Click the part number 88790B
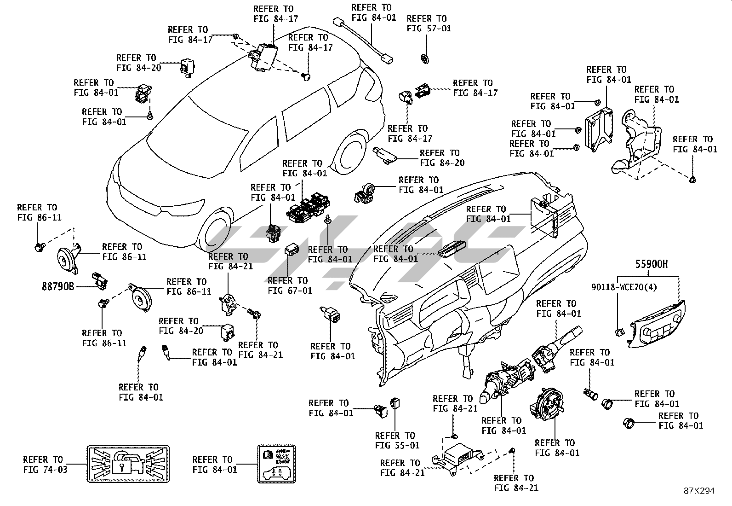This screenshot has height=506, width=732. click(x=58, y=286)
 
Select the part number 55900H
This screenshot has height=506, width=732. click(x=652, y=264)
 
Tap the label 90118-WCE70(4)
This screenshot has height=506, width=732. click(x=623, y=287)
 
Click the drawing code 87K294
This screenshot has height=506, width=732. click(x=699, y=491)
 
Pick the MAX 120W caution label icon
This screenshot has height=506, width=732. click(x=276, y=464)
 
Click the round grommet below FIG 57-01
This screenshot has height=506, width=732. click(x=425, y=59)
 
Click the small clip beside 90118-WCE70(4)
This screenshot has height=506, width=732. click(x=619, y=331)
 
